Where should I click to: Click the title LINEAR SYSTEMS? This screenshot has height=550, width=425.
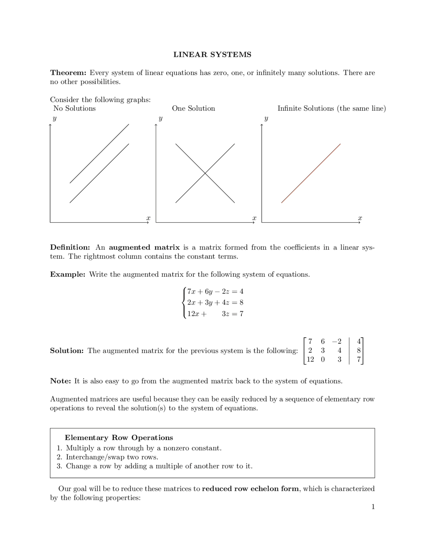click(x=212, y=54)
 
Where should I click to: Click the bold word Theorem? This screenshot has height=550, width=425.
click(x=68, y=73)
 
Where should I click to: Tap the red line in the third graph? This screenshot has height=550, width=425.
click(x=311, y=173)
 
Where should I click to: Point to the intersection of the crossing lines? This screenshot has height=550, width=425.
click(x=205, y=173)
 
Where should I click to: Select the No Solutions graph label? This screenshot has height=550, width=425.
click(x=74, y=108)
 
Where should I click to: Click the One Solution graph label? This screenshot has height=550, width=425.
click(x=193, y=108)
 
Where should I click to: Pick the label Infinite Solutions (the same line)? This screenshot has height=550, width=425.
click(x=331, y=108)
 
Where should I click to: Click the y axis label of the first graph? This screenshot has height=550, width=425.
click(x=54, y=118)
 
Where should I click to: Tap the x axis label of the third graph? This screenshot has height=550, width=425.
click(x=360, y=218)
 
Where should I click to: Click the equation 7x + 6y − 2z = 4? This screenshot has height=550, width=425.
click(x=215, y=291)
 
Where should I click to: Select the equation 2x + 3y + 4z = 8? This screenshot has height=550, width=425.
click(x=215, y=302)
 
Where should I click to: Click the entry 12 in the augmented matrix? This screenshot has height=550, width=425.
click(x=310, y=359)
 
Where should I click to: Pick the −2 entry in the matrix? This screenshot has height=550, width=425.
click(x=337, y=341)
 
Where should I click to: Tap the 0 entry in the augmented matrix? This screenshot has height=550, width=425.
click(x=323, y=359)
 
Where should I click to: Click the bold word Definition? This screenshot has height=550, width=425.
click(x=70, y=247)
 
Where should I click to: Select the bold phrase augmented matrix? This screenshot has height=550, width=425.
click(x=144, y=247)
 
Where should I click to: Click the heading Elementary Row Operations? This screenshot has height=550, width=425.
click(x=119, y=438)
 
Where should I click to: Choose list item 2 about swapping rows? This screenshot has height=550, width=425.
click(x=112, y=457)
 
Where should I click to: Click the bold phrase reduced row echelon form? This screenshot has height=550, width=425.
click(x=250, y=489)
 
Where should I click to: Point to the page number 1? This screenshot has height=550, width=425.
click(x=373, y=506)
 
